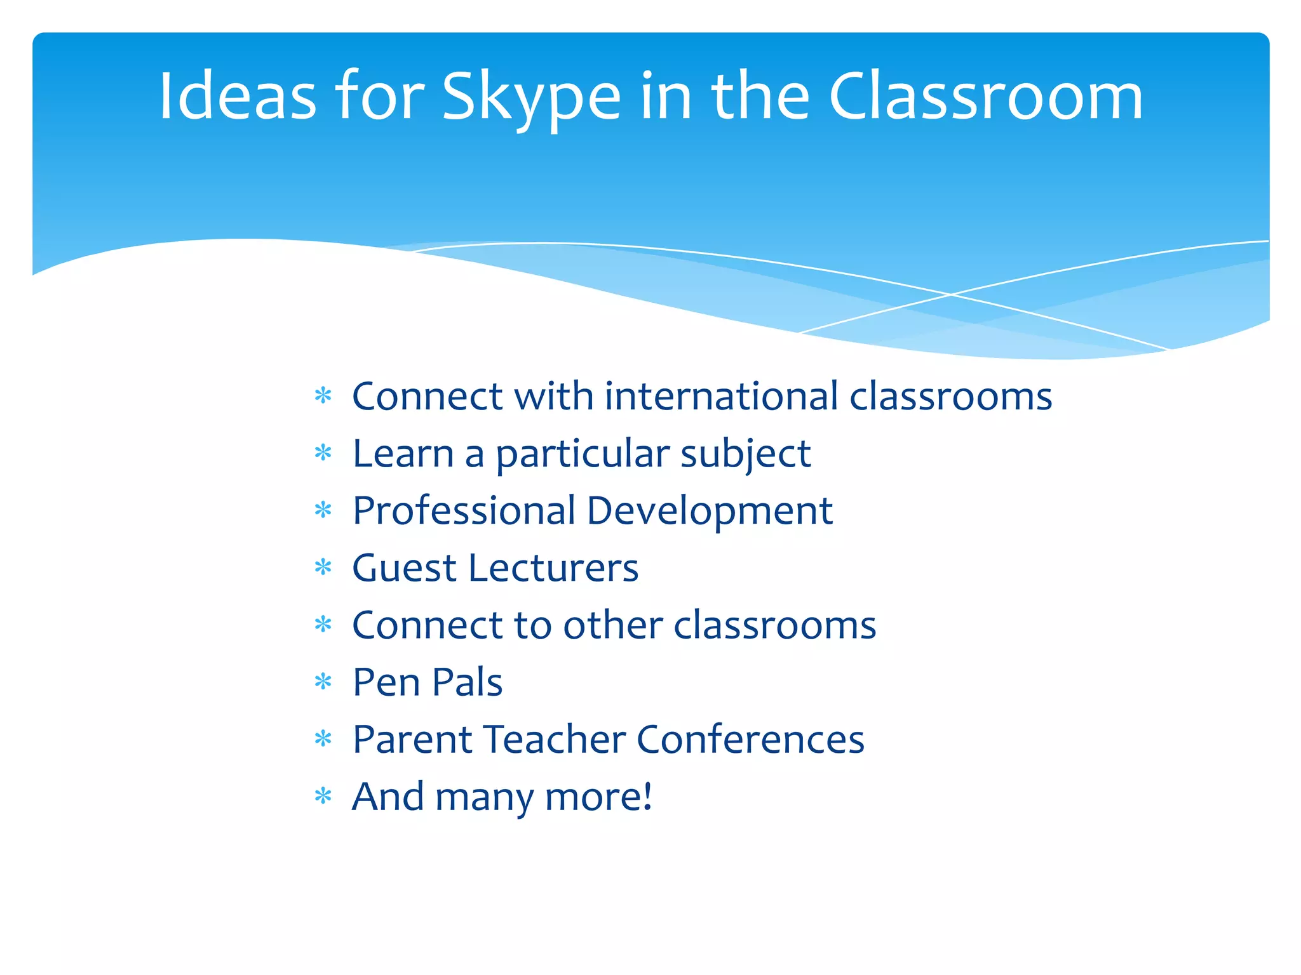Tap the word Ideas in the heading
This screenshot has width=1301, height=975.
(x=237, y=96)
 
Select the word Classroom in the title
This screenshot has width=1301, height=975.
(x=985, y=96)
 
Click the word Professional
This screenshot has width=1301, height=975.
(x=464, y=511)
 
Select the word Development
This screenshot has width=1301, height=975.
(x=709, y=511)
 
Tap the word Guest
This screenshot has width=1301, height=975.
(x=403, y=568)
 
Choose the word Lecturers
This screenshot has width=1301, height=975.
(x=553, y=568)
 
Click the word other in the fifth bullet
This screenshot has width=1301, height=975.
(x=613, y=625)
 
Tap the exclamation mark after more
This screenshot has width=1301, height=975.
(x=647, y=796)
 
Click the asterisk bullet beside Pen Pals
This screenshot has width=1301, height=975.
(x=323, y=682)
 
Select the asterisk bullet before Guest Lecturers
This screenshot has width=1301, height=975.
(x=323, y=567)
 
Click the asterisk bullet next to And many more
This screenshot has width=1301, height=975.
(x=323, y=796)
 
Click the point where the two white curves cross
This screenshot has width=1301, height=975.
(x=951, y=295)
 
